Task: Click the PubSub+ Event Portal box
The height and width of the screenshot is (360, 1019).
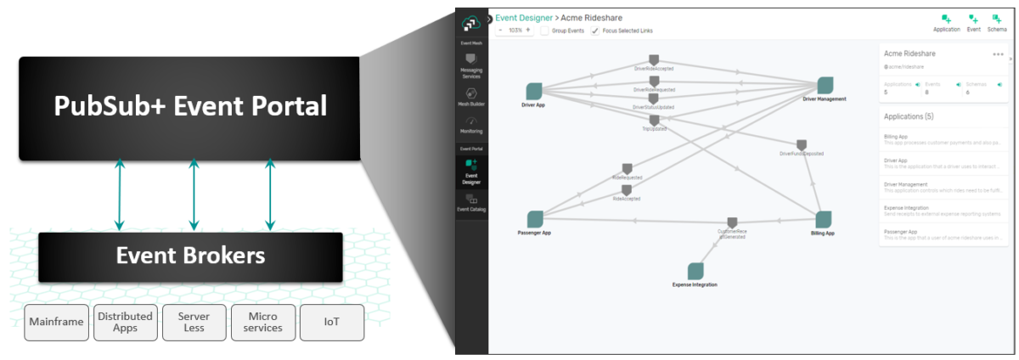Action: click(x=189, y=107)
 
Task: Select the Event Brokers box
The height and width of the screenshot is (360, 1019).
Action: click(x=190, y=256)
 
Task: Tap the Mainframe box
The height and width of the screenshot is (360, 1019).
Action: click(x=56, y=323)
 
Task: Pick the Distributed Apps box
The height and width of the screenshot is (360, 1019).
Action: click(x=125, y=323)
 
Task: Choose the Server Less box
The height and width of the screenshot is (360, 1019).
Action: click(x=194, y=323)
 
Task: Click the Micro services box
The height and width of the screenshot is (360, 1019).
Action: click(x=262, y=323)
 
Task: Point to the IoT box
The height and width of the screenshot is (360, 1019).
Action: click(x=331, y=323)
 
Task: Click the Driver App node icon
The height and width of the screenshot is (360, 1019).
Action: click(x=534, y=91)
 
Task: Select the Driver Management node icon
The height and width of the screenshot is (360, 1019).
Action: click(x=825, y=85)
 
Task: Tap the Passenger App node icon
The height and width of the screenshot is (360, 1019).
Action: click(x=535, y=219)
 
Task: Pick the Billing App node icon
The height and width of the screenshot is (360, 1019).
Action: click(x=822, y=219)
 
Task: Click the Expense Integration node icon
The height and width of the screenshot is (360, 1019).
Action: click(x=695, y=271)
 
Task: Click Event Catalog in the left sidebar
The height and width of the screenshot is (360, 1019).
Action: click(x=471, y=202)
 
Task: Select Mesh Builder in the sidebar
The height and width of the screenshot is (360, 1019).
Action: click(x=471, y=97)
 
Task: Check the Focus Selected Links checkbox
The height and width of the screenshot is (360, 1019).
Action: click(x=595, y=31)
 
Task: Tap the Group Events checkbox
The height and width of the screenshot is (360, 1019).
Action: click(x=544, y=31)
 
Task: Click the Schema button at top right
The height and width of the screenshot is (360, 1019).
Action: click(x=996, y=21)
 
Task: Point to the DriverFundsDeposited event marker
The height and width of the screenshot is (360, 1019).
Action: click(x=802, y=144)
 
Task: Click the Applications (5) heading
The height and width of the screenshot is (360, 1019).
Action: click(x=909, y=116)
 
